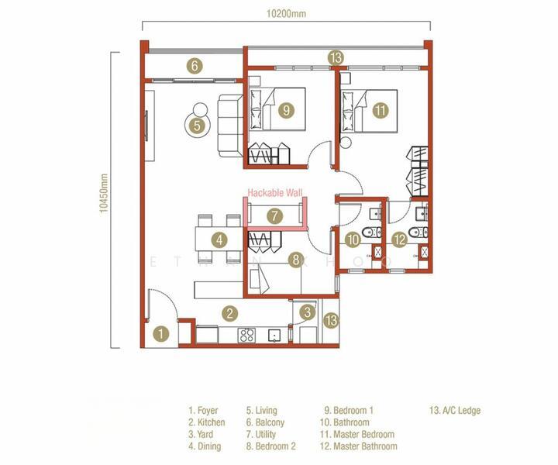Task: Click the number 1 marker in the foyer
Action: coord(160,334)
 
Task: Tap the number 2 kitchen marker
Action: coord(229,314)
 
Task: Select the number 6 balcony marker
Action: coord(195,66)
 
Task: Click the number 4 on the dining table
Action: coord(220,240)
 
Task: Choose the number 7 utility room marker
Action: coord(274,216)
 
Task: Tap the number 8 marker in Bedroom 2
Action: coord(295,260)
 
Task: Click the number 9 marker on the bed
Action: coord(286,110)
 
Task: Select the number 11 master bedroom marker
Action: coord(380,110)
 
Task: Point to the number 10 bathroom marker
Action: coord(353,240)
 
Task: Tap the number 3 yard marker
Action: coord(308,312)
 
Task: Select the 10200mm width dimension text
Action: coord(284,13)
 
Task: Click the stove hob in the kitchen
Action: coord(248,335)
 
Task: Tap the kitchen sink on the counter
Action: coord(274,336)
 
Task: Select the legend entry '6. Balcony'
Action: coord(265,423)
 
